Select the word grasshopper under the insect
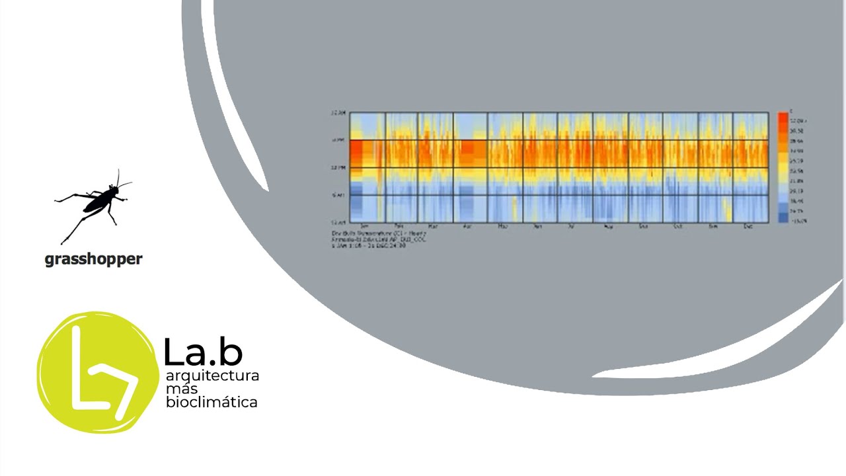93,260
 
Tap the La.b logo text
203,352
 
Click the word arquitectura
212,376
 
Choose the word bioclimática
211,402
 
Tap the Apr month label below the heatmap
468,227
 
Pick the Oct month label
677,227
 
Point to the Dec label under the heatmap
748,227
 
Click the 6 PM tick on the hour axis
338,140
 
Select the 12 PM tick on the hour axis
337,168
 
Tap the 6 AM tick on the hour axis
338,195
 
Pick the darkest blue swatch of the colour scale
783,218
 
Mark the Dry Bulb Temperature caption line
379,233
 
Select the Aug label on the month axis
607,227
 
